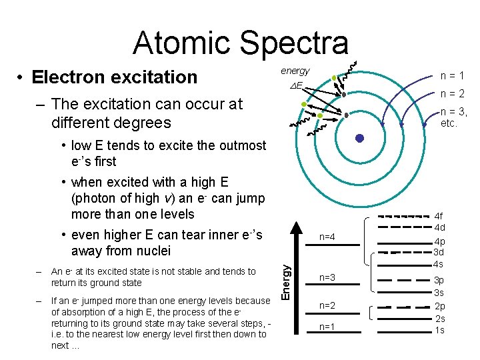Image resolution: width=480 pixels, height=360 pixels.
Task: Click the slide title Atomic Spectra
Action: pyautogui.click(x=240, y=43)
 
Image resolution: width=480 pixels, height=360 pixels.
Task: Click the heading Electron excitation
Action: pyautogui.click(x=115, y=77)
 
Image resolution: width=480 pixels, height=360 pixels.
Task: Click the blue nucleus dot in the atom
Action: pyautogui.click(x=360, y=139)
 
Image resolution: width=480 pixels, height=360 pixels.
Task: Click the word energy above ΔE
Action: pyautogui.click(x=295, y=71)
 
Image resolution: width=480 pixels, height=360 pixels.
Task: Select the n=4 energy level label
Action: pyautogui.click(x=327, y=237)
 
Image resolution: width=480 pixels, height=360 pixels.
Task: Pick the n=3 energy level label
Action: pyautogui.click(x=327, y=277)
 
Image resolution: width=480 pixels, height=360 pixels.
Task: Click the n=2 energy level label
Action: pyautogui.click(x=327, y=305)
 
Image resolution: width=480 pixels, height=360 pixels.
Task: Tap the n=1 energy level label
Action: pyautogui.click(x=327, y=327)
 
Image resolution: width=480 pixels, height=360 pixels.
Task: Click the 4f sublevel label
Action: pyautogui.click(x=439, y=217)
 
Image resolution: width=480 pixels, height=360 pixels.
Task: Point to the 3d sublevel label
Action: pyautogui.click(x=439, y=252)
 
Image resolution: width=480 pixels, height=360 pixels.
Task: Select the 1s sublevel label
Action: pyautogui.click(x=439, y=330)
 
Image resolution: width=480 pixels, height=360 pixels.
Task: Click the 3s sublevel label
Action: pyautogui.click(x=439, y=293)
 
